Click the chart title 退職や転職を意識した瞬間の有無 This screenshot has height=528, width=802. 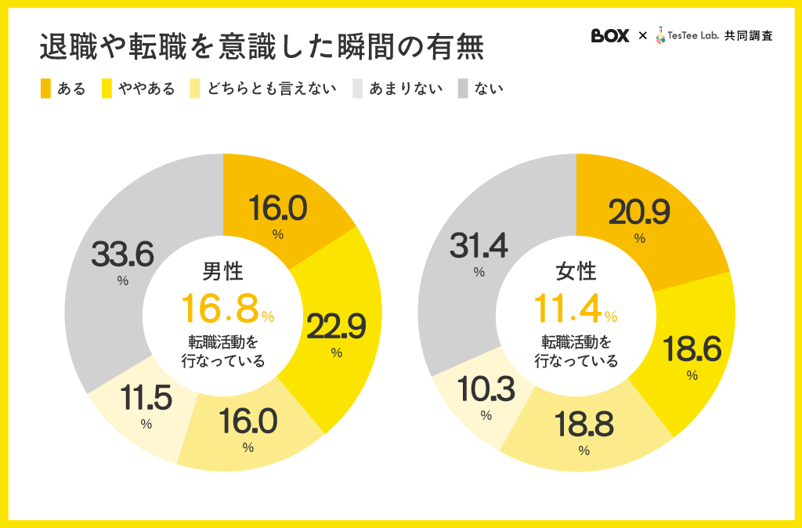262,47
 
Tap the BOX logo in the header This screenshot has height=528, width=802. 610,36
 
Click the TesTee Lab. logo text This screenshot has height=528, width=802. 692,36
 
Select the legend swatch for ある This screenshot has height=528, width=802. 46,89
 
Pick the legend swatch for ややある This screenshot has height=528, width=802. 107,89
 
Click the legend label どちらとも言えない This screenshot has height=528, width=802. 272,89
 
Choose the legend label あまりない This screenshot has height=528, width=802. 406,89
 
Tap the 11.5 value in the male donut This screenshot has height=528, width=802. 146,399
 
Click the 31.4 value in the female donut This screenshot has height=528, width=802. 479,246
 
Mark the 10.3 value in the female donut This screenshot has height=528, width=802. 486,390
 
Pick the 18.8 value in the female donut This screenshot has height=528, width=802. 583,425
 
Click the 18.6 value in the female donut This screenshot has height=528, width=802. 692,349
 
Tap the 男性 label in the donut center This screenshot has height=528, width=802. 223,272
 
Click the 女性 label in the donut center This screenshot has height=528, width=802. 576,272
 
